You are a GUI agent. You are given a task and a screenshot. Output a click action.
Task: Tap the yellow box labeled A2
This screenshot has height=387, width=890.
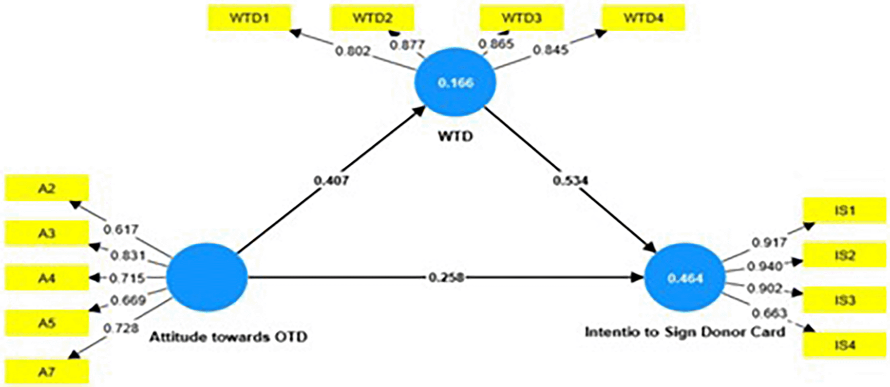tap(47, 188)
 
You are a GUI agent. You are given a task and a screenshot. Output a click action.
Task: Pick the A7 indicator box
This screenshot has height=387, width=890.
tap(47, 372)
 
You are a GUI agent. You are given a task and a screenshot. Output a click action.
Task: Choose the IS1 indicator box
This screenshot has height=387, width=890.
tap(844, 211)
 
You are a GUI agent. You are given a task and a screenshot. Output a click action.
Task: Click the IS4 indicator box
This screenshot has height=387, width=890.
tap(844, 345)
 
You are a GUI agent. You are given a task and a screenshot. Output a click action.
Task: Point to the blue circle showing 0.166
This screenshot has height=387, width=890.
tap(455, 82)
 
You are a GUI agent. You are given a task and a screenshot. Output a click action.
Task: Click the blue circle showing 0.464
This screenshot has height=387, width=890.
tap(685, 278)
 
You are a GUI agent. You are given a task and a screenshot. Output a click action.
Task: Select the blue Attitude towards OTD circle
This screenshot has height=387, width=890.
tap(207, 277)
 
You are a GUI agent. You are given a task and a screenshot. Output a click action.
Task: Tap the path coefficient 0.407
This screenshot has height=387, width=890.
tap(331, 181)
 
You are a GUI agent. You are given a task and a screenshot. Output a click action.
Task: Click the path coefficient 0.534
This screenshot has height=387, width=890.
tap(570, 181)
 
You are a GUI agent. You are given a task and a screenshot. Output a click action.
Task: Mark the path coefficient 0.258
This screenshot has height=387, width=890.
tap(446, 277)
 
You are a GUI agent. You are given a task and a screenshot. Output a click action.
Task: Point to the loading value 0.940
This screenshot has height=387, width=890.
tap(764, 266)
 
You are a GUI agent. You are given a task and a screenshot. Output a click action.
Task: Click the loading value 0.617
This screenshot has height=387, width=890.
tap(121, 229)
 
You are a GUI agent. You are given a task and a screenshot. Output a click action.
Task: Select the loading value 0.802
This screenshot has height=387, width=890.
tap(353, 51)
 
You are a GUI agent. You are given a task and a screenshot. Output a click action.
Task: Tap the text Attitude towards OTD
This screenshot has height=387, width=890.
tap(228, 337)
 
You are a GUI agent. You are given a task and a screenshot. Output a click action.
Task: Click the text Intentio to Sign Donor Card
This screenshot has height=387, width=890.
tap(685, 332)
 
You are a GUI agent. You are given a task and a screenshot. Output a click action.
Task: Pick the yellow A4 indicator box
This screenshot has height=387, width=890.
tap(47, 278)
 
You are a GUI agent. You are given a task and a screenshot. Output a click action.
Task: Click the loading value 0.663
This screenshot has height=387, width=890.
tap(769, 312)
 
